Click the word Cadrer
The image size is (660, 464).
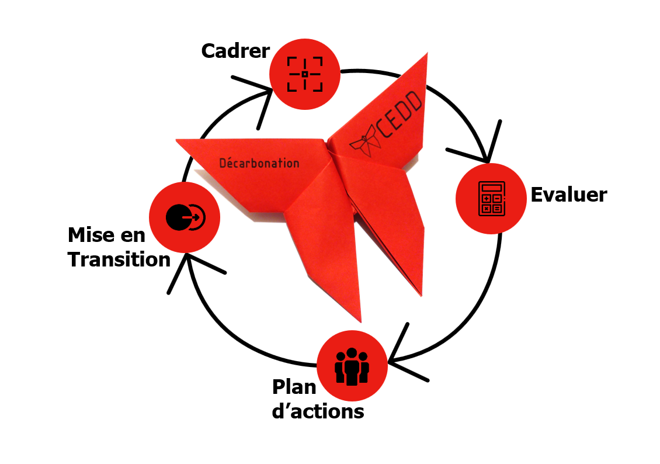pyautogui.click(x=235, y=51)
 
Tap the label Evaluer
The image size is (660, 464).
pyautogui.click(x=568, y=195)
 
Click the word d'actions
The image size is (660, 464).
pyautogui.click(x=318, y=411)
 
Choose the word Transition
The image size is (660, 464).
pyautogui.click(x=119, y=259)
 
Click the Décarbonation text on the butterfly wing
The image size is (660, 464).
pyautogui.click(x=259, y=163)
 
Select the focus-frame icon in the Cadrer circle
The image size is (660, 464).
pyautogui.click(x=304, y=74)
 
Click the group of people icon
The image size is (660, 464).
pyautogui.click(x=352, y=366)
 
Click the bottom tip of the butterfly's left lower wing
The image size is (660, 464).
pyautogui.click(x=360, y=321)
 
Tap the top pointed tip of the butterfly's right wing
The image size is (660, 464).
pyautogui.click(x=426, y=54)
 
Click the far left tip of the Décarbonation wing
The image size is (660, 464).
pyautogui.click(x=177, y=140)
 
